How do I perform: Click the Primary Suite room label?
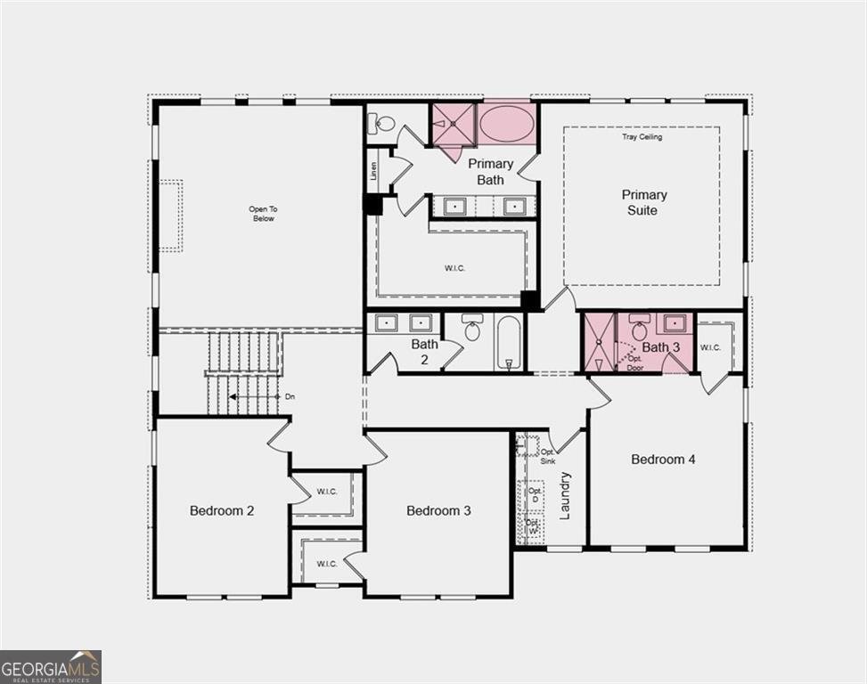[x=644, y=202]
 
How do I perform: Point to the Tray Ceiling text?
[x=642, y=137]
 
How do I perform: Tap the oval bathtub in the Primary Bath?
[x=507, y=123]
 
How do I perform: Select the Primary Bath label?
[x=491, y=172]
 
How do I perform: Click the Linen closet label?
[x=373, y=169]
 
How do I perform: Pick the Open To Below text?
[x=263, y=214]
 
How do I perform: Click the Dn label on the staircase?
[x=290, y=396]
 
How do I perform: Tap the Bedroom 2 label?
[x=222, y=510]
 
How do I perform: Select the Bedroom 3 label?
[x=438, y=510]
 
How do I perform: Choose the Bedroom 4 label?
[x=663, y=460]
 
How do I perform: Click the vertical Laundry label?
[x=564, y=496]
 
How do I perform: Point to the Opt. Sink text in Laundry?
[x=547, y=456]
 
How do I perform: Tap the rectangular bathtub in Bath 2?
[x=510, y=344]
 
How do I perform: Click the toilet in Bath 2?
[x=472, y=330]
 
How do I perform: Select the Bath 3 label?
[x=661, y=347]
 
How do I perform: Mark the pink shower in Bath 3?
[x=598, y=343]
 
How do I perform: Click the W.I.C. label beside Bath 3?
[x=710, y=347]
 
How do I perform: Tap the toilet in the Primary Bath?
[x=384, y=124]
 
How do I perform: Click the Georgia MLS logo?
[x=51, y=666]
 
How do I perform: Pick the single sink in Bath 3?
[x=676, y=322]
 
